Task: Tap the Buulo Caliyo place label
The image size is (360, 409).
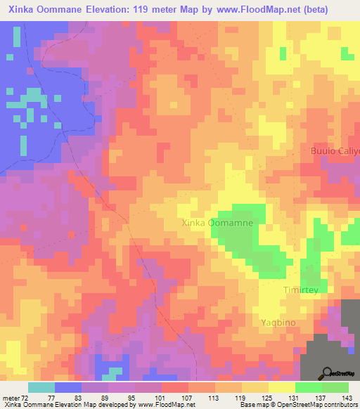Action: coord(335,151)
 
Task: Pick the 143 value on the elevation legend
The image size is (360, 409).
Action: coord(348,397)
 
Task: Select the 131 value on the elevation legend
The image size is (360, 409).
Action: coord(294,397)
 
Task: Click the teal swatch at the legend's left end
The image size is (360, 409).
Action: coord(41,387)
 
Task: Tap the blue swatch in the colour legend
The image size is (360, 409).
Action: coord(68,387)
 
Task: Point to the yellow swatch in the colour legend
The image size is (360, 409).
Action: coord(281,387)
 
